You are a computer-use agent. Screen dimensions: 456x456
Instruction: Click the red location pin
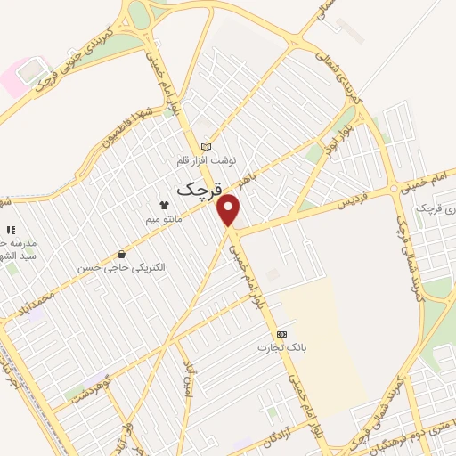(x=230, y=210)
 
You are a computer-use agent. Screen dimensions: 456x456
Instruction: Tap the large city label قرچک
(x=197, y=189)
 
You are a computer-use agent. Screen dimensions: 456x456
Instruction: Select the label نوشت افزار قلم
(x=207, y=161)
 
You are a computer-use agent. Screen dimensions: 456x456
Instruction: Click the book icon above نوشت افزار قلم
(x=207, y=147)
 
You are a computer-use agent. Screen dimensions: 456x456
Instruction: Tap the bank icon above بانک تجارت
(x=281, y=332)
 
